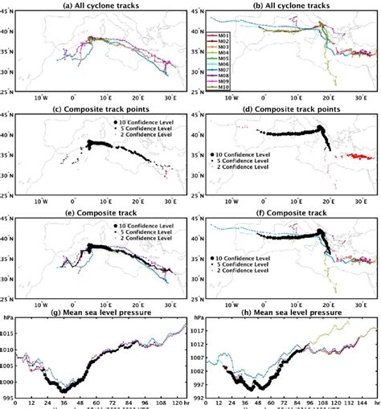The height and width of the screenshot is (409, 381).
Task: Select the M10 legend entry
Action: coord(203,88)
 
